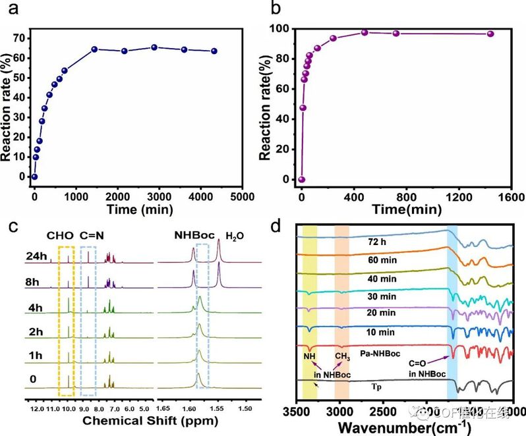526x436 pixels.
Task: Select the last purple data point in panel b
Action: tap(490, 34)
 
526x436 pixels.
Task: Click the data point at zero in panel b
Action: tap(302, 179)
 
